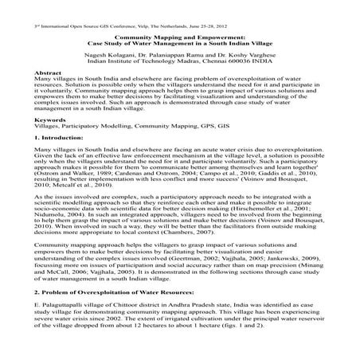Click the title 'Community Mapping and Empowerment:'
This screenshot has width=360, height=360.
point(179,35)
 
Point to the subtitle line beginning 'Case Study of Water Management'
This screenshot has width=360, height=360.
point(179,41)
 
